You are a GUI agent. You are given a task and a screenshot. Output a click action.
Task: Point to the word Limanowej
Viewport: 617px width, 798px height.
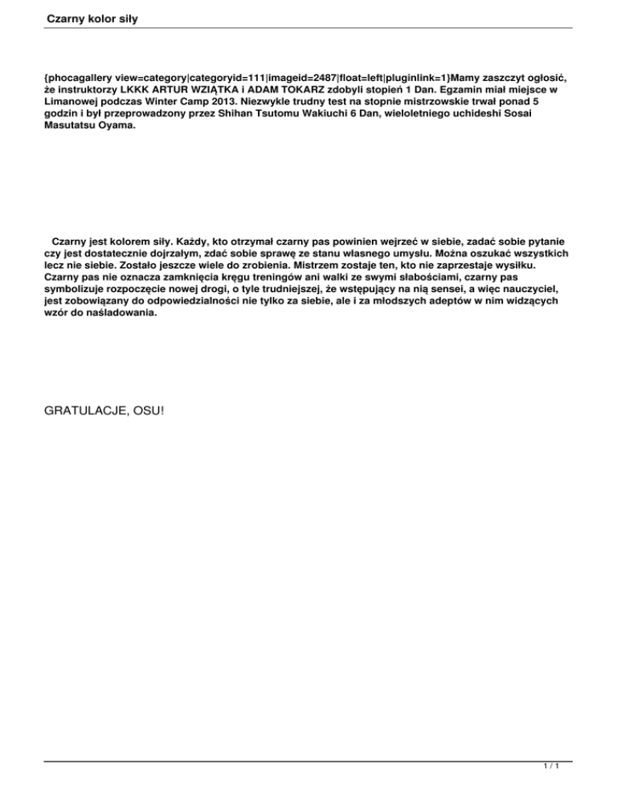point(72,104)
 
